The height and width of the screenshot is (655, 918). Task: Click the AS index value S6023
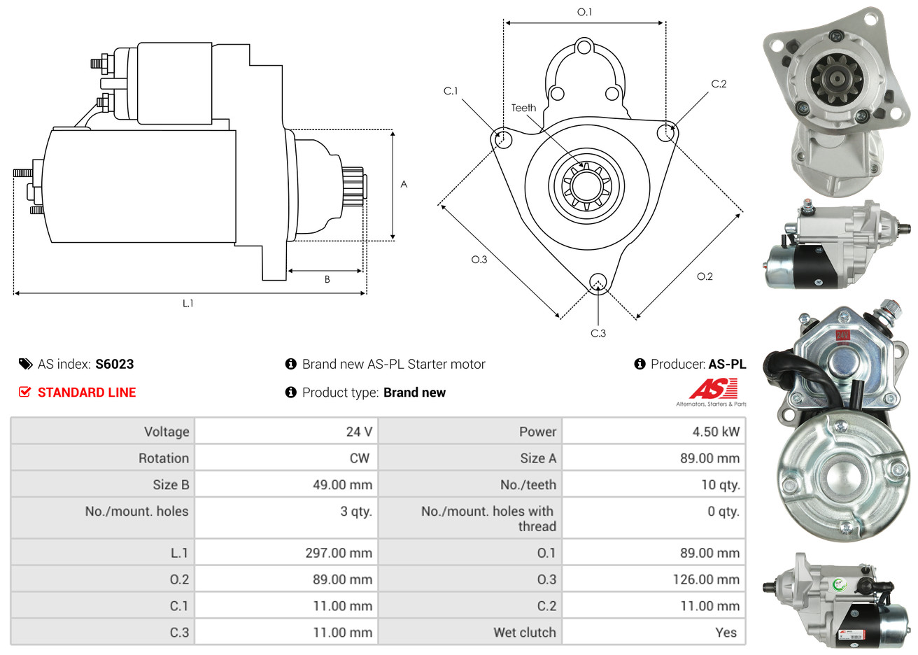click(114, 364)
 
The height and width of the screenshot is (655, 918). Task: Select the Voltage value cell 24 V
click(359, 432)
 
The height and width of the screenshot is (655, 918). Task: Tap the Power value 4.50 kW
click(716, 432)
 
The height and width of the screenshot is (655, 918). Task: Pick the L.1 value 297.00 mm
click(339, 553)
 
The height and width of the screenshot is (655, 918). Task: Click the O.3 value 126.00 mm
click(705, 579)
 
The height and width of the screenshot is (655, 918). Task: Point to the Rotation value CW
click(359, 458)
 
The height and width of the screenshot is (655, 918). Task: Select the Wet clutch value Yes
click(726, 633)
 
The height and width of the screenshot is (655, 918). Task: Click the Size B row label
click(171, 485)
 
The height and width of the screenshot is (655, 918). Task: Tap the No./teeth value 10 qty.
click(720, 485)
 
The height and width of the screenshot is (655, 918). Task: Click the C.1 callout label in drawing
click(451, 91)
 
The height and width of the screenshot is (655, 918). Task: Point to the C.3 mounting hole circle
click(598, 282)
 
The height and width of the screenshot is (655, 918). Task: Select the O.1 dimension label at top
click(584, 12)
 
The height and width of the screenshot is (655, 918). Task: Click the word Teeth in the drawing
click(523, 108)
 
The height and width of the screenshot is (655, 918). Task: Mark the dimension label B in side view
click(327, 279)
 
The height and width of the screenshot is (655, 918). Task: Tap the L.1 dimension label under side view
click(188, 303)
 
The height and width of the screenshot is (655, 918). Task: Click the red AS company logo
click(713, 389)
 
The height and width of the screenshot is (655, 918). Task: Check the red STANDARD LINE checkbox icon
click(24, 392)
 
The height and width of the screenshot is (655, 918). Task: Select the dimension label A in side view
click(404, 184)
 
